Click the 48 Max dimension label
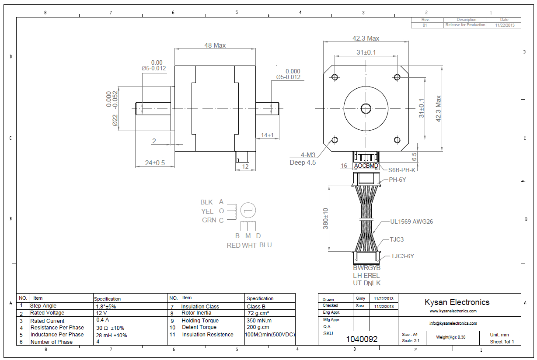point(215,45)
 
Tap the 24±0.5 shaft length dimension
point(155,163)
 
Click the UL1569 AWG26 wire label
point(411,222)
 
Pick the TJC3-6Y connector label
point(402,256)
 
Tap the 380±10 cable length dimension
point(326,218)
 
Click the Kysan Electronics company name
point(457,302)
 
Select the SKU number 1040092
point(362,339)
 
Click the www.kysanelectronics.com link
point(453,311)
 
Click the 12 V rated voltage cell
point(102,313)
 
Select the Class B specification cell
point(256,307)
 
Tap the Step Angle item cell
point(43,306)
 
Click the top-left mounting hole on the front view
point(335,77)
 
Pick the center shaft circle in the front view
point(366,108)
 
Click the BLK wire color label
point(206,202)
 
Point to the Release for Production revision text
point(465,25)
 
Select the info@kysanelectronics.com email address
point(453,323)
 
